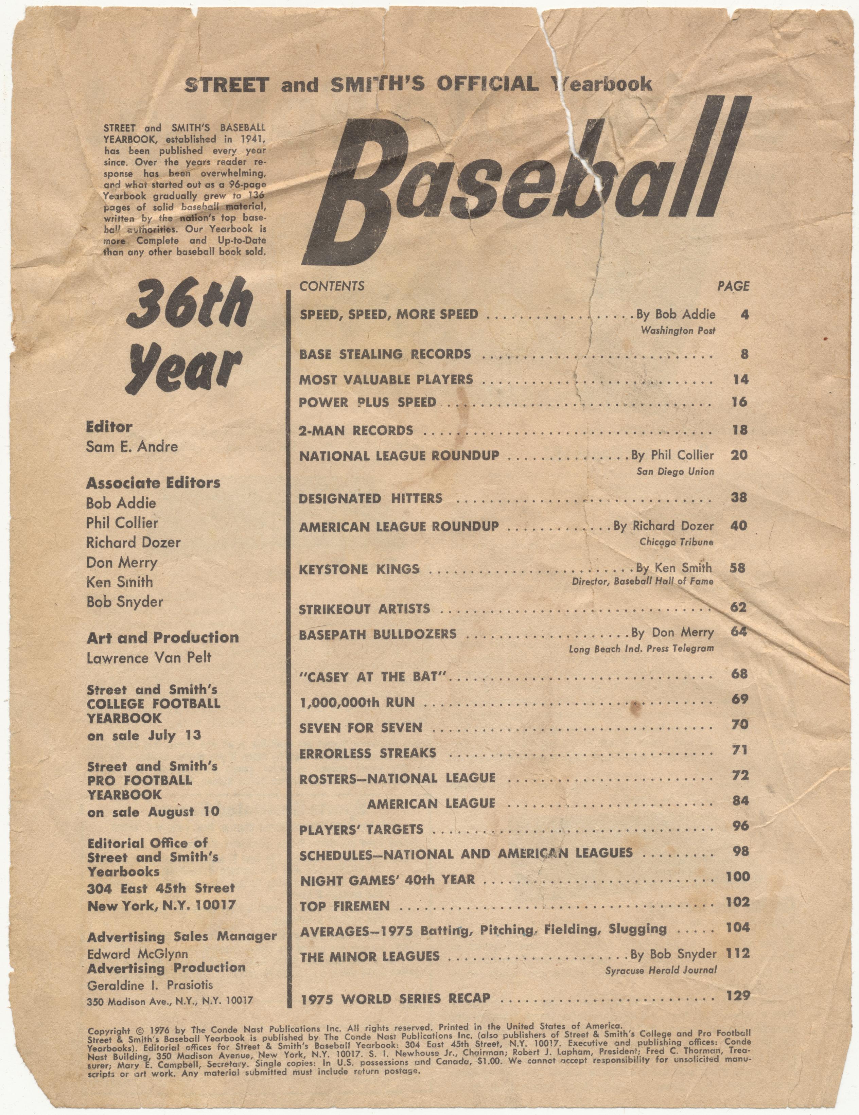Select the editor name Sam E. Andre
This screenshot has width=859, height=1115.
click(132, 447)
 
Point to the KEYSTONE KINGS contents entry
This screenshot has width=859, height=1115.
click(360, 569)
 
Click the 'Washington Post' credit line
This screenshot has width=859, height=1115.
click(678, 331)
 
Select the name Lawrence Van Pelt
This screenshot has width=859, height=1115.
click(148, 657)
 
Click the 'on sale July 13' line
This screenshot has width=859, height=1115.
click(144, 736)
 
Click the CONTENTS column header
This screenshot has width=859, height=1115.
click(332, 286)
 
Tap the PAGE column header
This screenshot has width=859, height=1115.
click(733, 286)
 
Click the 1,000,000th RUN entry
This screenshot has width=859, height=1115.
click(357, 703)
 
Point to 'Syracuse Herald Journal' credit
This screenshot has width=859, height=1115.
click(661, 970)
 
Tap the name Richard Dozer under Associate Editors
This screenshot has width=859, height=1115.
click(133, 542)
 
